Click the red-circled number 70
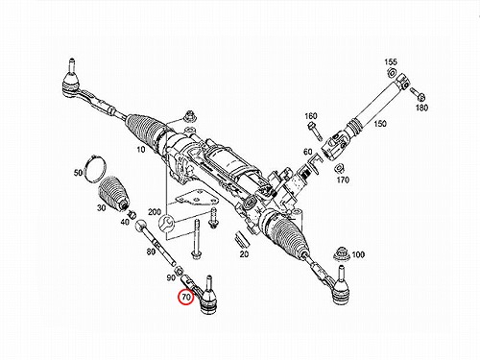pos(186,298)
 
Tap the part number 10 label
pos(141,150)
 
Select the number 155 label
pos(391,62)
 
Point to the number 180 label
pos(421,108)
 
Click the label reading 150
pos(380,124)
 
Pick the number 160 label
pos(311,116)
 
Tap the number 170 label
pos(343,180)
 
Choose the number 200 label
pos(155,212)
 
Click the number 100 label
pos(358,254)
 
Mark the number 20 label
pos(244,254)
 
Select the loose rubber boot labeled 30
pos(112,193)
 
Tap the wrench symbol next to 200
pos(167,223)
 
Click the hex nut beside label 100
pos(342,254)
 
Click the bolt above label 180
pos(418,93)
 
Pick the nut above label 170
pos(339,168)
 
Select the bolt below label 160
pos(315,131)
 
